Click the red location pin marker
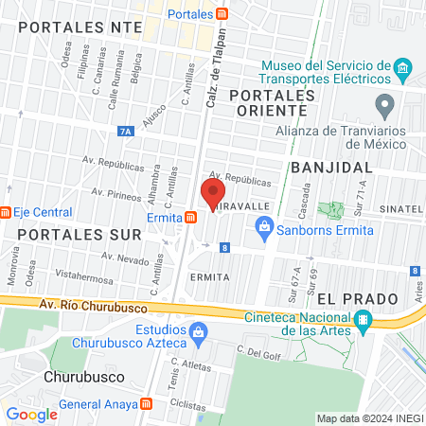tap(210, 193)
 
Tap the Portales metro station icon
tap(222, 14)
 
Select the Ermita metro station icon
tap(191, 216)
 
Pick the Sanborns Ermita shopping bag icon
tap(264, 226)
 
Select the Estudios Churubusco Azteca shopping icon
tap(197, 331)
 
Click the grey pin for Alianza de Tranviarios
tap(383, 103)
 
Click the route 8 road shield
tap(224, 247)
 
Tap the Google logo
tap(31, 414)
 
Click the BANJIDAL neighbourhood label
tap(332, 167)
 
